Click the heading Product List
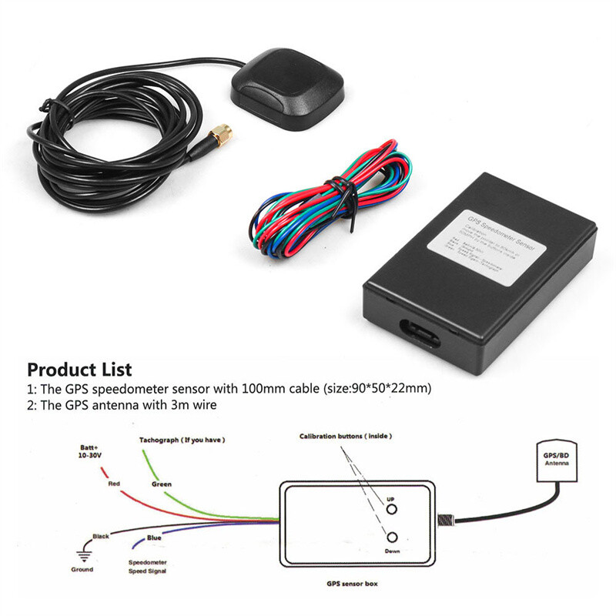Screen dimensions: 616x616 coord(79,370)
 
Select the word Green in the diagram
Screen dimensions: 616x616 coord(161,484)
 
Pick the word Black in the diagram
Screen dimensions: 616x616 coord(102,536)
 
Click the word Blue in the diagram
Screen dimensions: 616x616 coord(154,537)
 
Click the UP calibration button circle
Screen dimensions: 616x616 coord(391,509)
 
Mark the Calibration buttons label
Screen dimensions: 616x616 coord(343,437)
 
